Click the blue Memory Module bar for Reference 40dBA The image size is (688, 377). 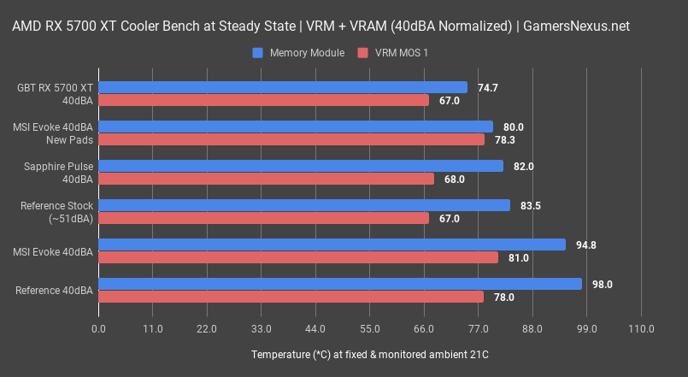(340, 284)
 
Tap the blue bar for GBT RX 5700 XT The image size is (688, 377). (283, 87)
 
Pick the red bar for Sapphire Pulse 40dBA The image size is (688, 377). (266, 179)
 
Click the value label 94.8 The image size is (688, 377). (586, 244)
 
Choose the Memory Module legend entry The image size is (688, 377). (298, 53)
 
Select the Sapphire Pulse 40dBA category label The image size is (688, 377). (60, 172)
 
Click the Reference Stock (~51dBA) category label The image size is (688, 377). (60, 211)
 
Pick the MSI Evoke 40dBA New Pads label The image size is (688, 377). (53, 133)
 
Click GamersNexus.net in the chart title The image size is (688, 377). (580, 26)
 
